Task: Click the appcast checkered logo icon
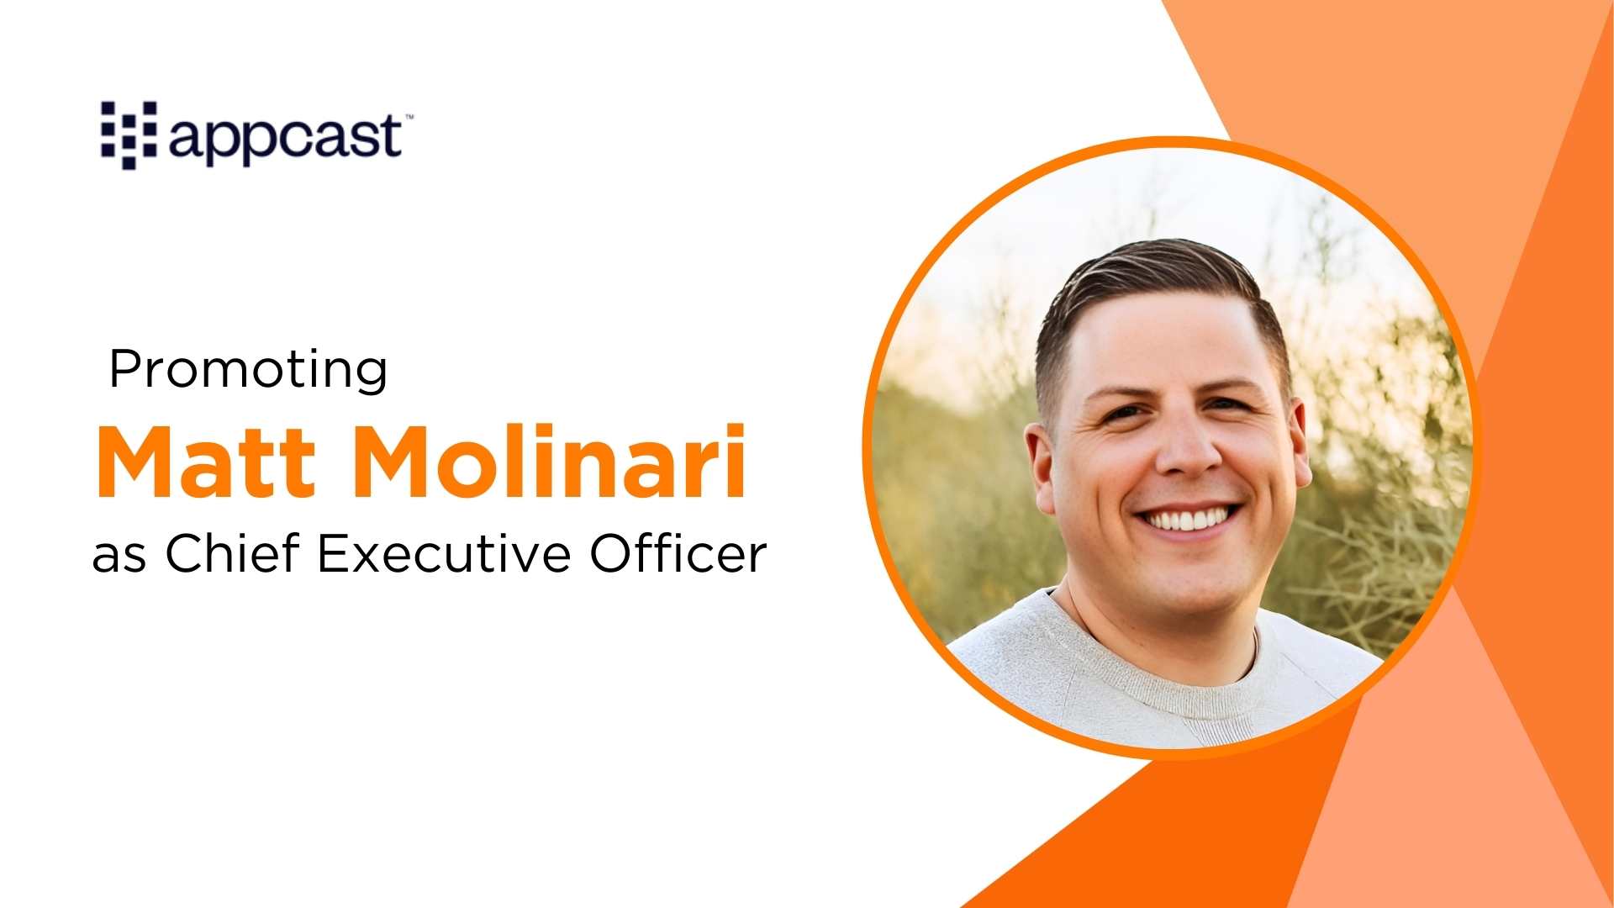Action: point(129,135)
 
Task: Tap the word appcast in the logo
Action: point(286,138)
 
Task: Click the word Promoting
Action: point(249,370)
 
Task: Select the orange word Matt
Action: point(207,462)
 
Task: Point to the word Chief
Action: point(232,554)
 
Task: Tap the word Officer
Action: point(678,554)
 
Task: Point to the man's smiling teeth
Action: point(1189,520)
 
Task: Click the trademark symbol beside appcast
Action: point(409,118)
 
